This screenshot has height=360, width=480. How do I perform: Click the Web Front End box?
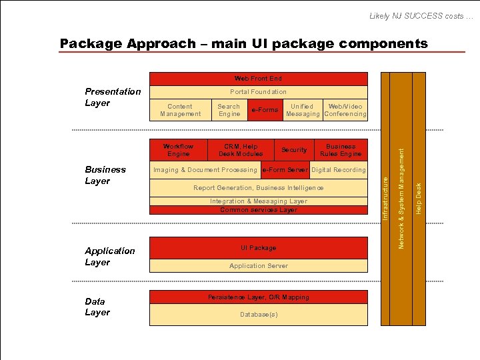pyautogui.click(x=258, y=79)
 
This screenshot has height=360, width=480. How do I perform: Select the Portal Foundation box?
pyautogui.click(x=258, y=92)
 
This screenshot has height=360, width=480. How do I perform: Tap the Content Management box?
pyautogui.click(x=180, y=110)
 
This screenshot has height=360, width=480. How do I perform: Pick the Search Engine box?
pyautogui.click(x=229, y=110)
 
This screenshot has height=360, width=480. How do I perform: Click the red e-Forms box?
pyautogui.click(x=265, y=110)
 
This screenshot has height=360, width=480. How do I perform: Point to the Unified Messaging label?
pyautogui.click(x=302, y=110)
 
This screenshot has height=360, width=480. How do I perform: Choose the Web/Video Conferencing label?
pyautogui.click(x=345, y=110)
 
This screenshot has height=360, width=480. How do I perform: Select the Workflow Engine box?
pyautogui.click(x=178, y=150)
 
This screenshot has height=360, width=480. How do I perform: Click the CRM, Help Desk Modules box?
pyautogui.click(x=241, y=150)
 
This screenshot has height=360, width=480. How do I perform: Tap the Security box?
pyautogui.click(x=294, y=150)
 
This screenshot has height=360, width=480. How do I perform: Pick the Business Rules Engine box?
pyautogui.click(x=341, y=150)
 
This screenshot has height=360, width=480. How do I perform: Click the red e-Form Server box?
pyautogui.click(x=285, y=170)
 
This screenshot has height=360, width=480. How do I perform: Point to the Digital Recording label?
pyautogui.click(x=339, y=170)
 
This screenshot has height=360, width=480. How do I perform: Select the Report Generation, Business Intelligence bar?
pyautogui.click(x=258, y=188)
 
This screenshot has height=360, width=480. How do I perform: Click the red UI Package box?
pyautogui.click(x=258, y=248)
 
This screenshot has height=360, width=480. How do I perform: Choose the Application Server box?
pyautogui.click(x=258, y=266)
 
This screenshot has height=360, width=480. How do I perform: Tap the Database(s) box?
pyautogui.click(x=258, y=314)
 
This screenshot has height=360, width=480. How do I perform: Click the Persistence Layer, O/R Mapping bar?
pyautogui.click(x=258, y=297)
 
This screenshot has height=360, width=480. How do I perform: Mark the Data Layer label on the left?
pyautogui.click(x=97, y=307)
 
